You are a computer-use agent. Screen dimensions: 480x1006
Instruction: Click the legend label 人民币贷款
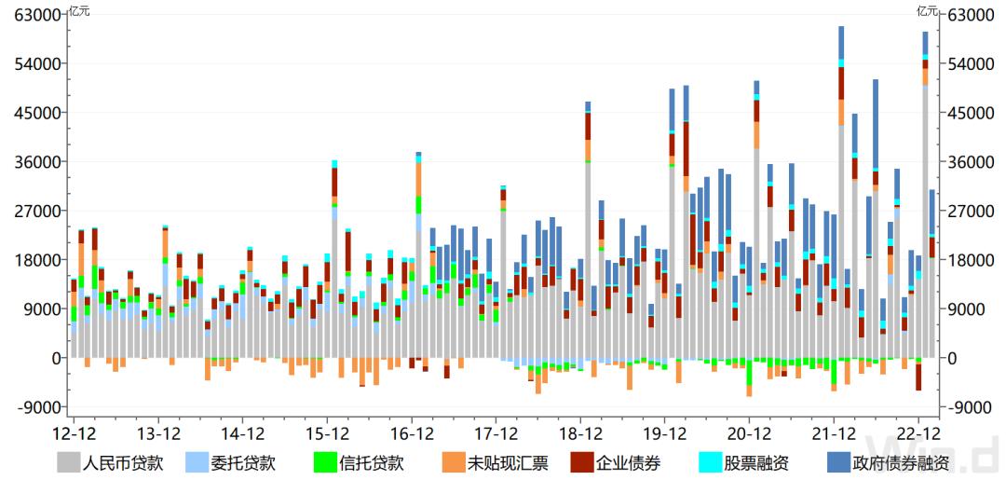click(124, 462)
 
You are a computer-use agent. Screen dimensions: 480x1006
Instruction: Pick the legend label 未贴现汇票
click(508, 462)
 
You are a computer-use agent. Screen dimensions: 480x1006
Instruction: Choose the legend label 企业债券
click(627, 462)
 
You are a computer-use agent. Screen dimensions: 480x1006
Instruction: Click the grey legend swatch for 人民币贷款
click(69, 462)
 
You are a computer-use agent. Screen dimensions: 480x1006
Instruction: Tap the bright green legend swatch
click(325, 462)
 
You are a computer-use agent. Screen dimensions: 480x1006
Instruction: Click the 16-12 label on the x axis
click(411, 434)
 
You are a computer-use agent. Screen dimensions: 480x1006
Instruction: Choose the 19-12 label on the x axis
click(664, 434)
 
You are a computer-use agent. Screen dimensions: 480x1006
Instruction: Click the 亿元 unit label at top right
click(927, 11)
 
